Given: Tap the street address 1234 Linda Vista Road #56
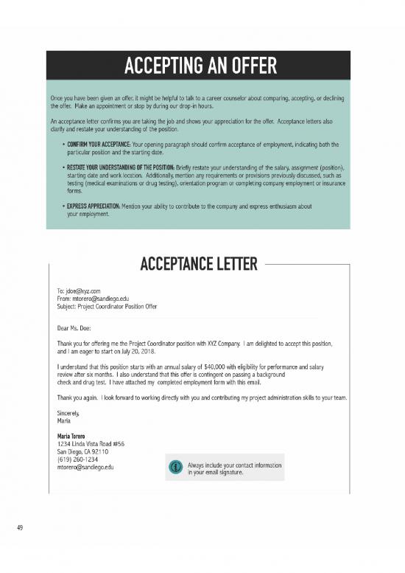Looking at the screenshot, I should click(x=91, y=444).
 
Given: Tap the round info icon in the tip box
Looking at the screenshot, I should click(x=175, y=468).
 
